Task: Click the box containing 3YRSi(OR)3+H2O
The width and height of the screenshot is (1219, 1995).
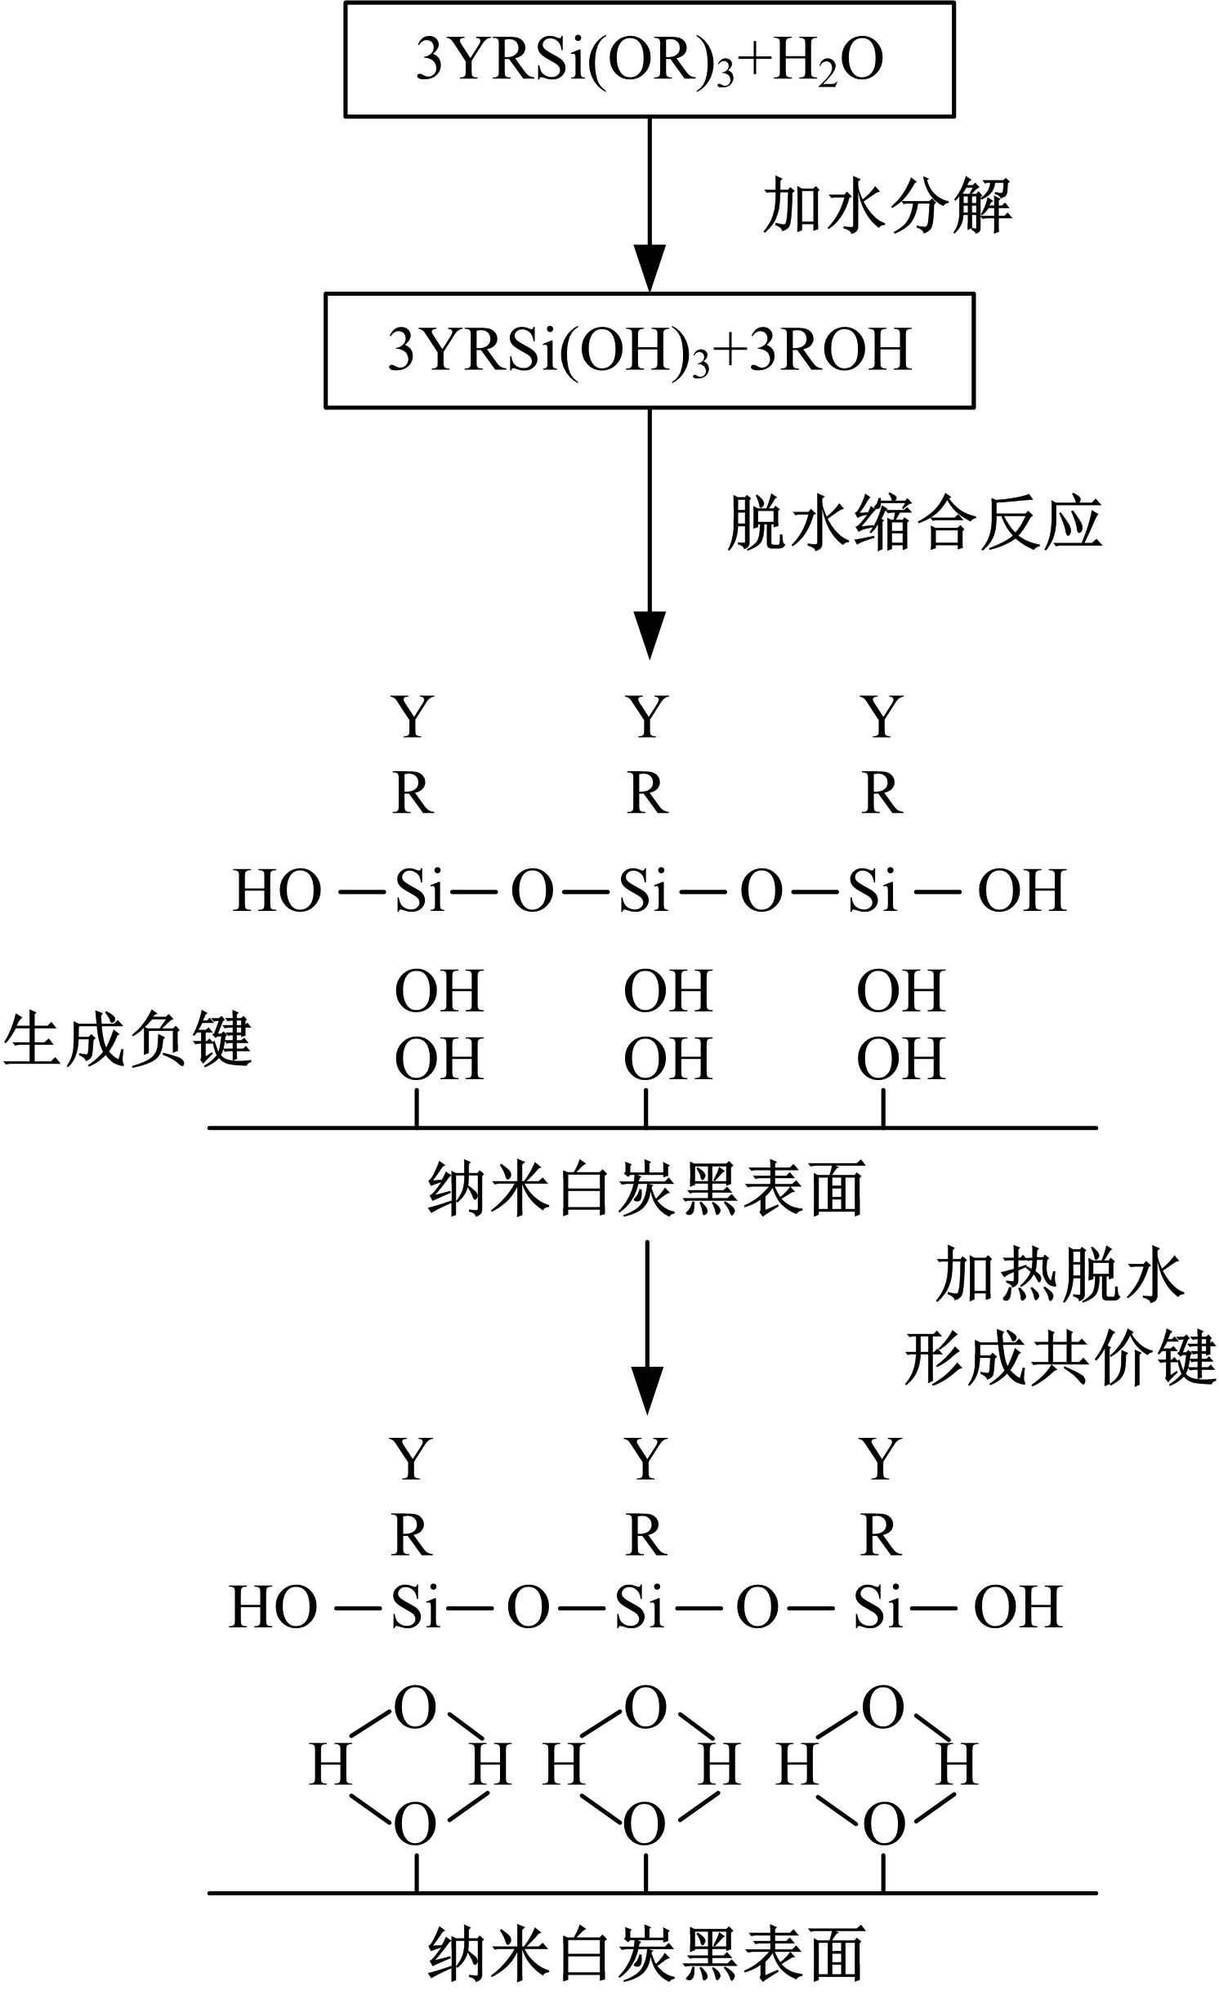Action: click(x=650, y=60)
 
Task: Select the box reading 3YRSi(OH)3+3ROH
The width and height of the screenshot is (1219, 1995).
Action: click(x=650, y=350)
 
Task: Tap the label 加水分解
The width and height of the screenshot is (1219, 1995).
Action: click(x=887, y=207)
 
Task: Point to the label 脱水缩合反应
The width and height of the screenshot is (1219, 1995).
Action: click(x=914, y=520)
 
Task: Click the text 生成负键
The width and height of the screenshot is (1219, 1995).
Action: click(x=127, y=1040)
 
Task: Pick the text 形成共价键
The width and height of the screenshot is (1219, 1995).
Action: click(x=1060, y=1359)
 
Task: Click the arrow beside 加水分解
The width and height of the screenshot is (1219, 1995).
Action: click(x=650, y=204)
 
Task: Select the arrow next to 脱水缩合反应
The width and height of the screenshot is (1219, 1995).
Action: click(x=650, y=531)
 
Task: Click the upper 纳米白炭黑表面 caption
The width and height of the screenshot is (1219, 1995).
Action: click(x=645, y=1190)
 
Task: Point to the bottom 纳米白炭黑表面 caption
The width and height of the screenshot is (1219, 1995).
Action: click(x=645, y=1955)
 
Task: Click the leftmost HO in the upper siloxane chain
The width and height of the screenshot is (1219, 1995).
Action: click(x=277, y=890)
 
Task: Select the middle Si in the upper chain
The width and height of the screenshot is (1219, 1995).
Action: click(x=644, y=890)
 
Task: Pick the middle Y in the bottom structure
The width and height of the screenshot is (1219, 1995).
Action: click(x=645, y=1460)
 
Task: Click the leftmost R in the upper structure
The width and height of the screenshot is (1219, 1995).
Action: click(x=413, y=794)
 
